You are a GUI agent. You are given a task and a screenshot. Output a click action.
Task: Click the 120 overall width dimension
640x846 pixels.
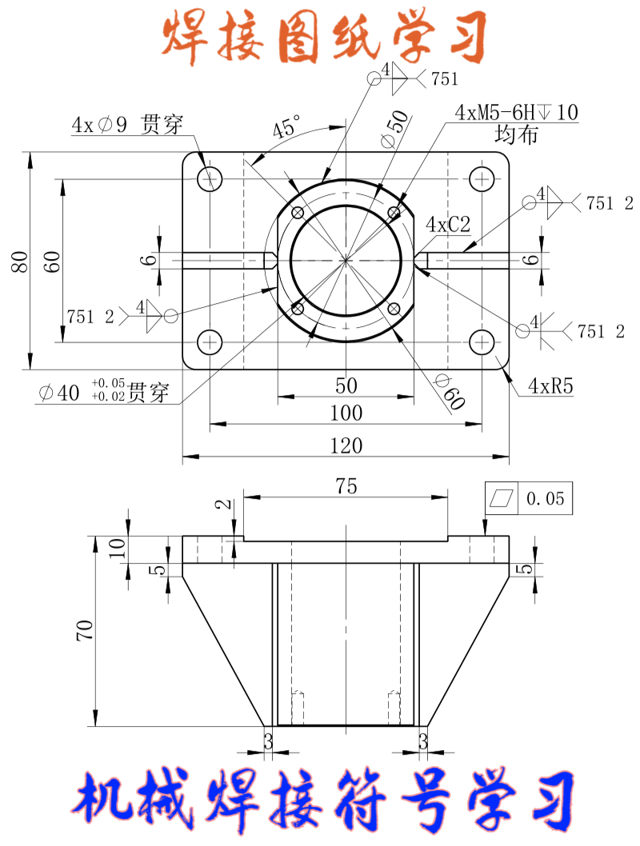(x=346, y=445)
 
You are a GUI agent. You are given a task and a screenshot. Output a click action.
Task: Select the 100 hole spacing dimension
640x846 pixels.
(x=346, y=413)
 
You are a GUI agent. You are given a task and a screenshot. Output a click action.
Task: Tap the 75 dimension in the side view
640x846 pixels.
(x=346, y=485)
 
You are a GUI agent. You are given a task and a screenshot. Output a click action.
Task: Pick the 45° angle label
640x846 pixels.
(x=286, y=127)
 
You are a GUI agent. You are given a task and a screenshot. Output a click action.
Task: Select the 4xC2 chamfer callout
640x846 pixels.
(x=448, y=225)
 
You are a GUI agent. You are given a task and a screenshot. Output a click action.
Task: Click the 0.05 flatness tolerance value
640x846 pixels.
(x=545, y=499)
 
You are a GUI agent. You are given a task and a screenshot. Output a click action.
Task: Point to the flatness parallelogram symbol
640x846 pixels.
(x=502, y=499)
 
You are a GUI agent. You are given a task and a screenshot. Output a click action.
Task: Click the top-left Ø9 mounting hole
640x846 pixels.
(x=210, y=178)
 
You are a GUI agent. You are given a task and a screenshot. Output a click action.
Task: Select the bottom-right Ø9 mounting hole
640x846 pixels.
(x=481, y=342)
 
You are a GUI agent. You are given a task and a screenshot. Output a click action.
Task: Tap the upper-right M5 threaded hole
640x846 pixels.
(x=394, y=213)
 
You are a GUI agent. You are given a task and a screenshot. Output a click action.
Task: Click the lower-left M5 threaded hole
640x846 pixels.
(x=298, y=308)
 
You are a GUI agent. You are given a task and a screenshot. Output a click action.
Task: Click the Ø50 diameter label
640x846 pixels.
(x=394, y=128)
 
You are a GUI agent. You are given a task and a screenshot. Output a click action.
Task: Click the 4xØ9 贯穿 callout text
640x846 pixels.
(x=127, y=125)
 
